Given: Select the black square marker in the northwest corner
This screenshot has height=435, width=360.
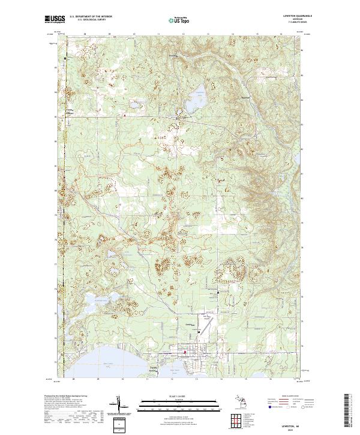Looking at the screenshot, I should pos(66,58).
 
